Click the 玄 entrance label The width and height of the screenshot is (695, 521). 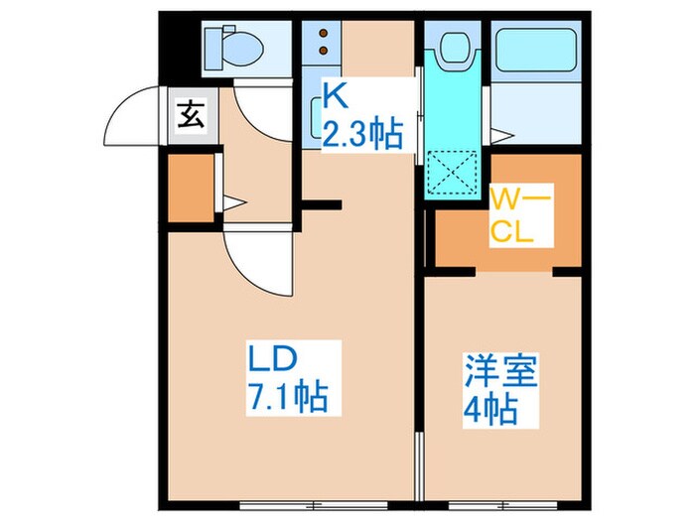point(190,116)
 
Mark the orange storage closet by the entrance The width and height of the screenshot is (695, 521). point(191,188)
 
